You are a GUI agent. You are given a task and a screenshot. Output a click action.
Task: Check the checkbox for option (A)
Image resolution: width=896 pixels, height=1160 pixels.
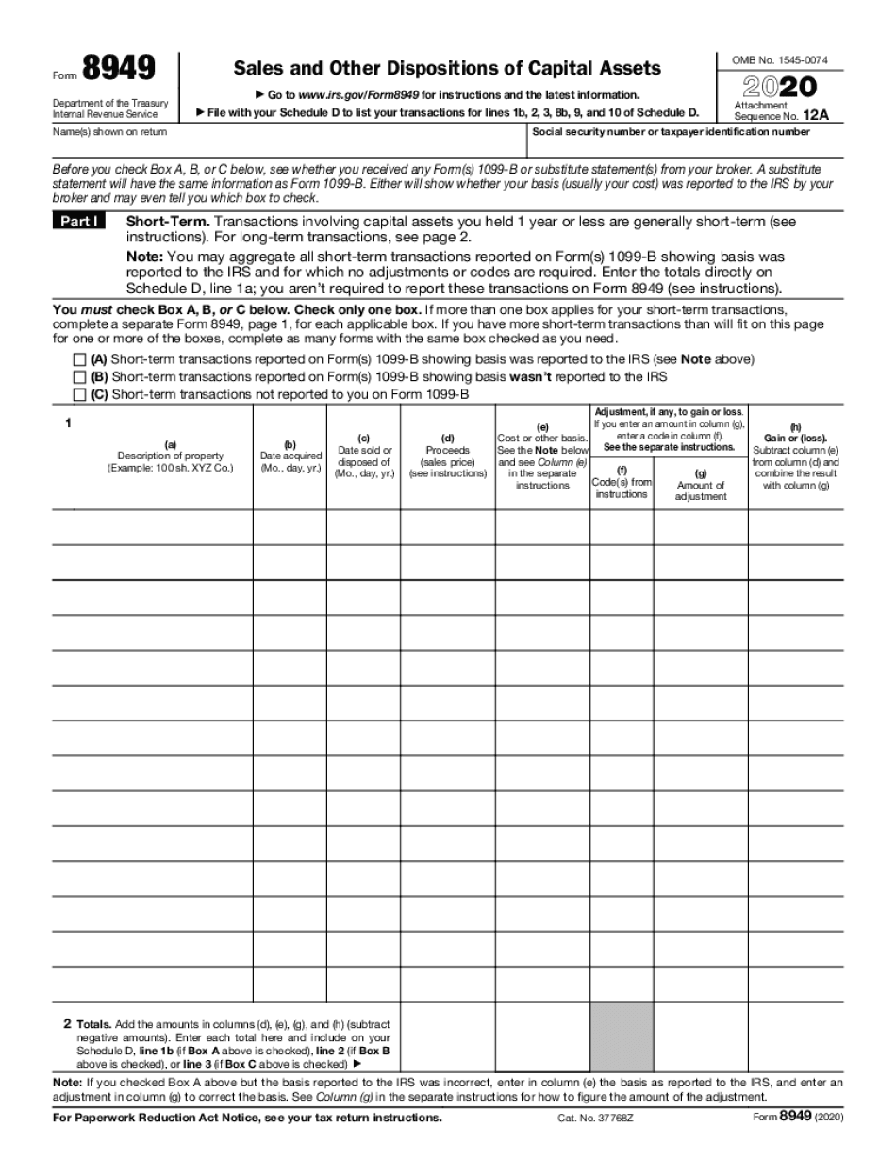(79, 359)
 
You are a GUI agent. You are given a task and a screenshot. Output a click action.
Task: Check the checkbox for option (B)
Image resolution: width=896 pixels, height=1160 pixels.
(79, 376)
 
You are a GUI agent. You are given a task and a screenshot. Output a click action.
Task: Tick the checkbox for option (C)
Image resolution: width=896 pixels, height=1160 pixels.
(79, 394)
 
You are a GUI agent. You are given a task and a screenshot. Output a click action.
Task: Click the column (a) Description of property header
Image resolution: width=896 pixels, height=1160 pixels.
(170, 456)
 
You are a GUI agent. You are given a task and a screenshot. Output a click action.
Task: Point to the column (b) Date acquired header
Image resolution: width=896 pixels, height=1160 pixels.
(290, 456)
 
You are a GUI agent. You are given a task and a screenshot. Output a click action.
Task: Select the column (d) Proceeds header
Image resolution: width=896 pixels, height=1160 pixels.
(448, 456)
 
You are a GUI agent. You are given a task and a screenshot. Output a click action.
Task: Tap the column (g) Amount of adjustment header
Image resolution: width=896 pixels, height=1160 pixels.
(700, 485)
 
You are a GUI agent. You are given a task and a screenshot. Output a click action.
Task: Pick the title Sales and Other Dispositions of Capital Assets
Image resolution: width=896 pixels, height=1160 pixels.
(447, 68)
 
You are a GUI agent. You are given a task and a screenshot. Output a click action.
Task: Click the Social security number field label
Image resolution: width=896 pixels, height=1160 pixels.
(671, 132)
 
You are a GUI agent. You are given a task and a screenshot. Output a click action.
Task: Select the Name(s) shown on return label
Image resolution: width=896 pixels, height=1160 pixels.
(96, 132)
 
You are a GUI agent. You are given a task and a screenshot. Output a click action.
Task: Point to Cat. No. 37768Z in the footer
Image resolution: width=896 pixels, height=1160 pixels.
(590, 1118)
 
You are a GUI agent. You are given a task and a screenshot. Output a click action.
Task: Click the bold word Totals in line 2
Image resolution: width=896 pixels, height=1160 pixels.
(92, 1023)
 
